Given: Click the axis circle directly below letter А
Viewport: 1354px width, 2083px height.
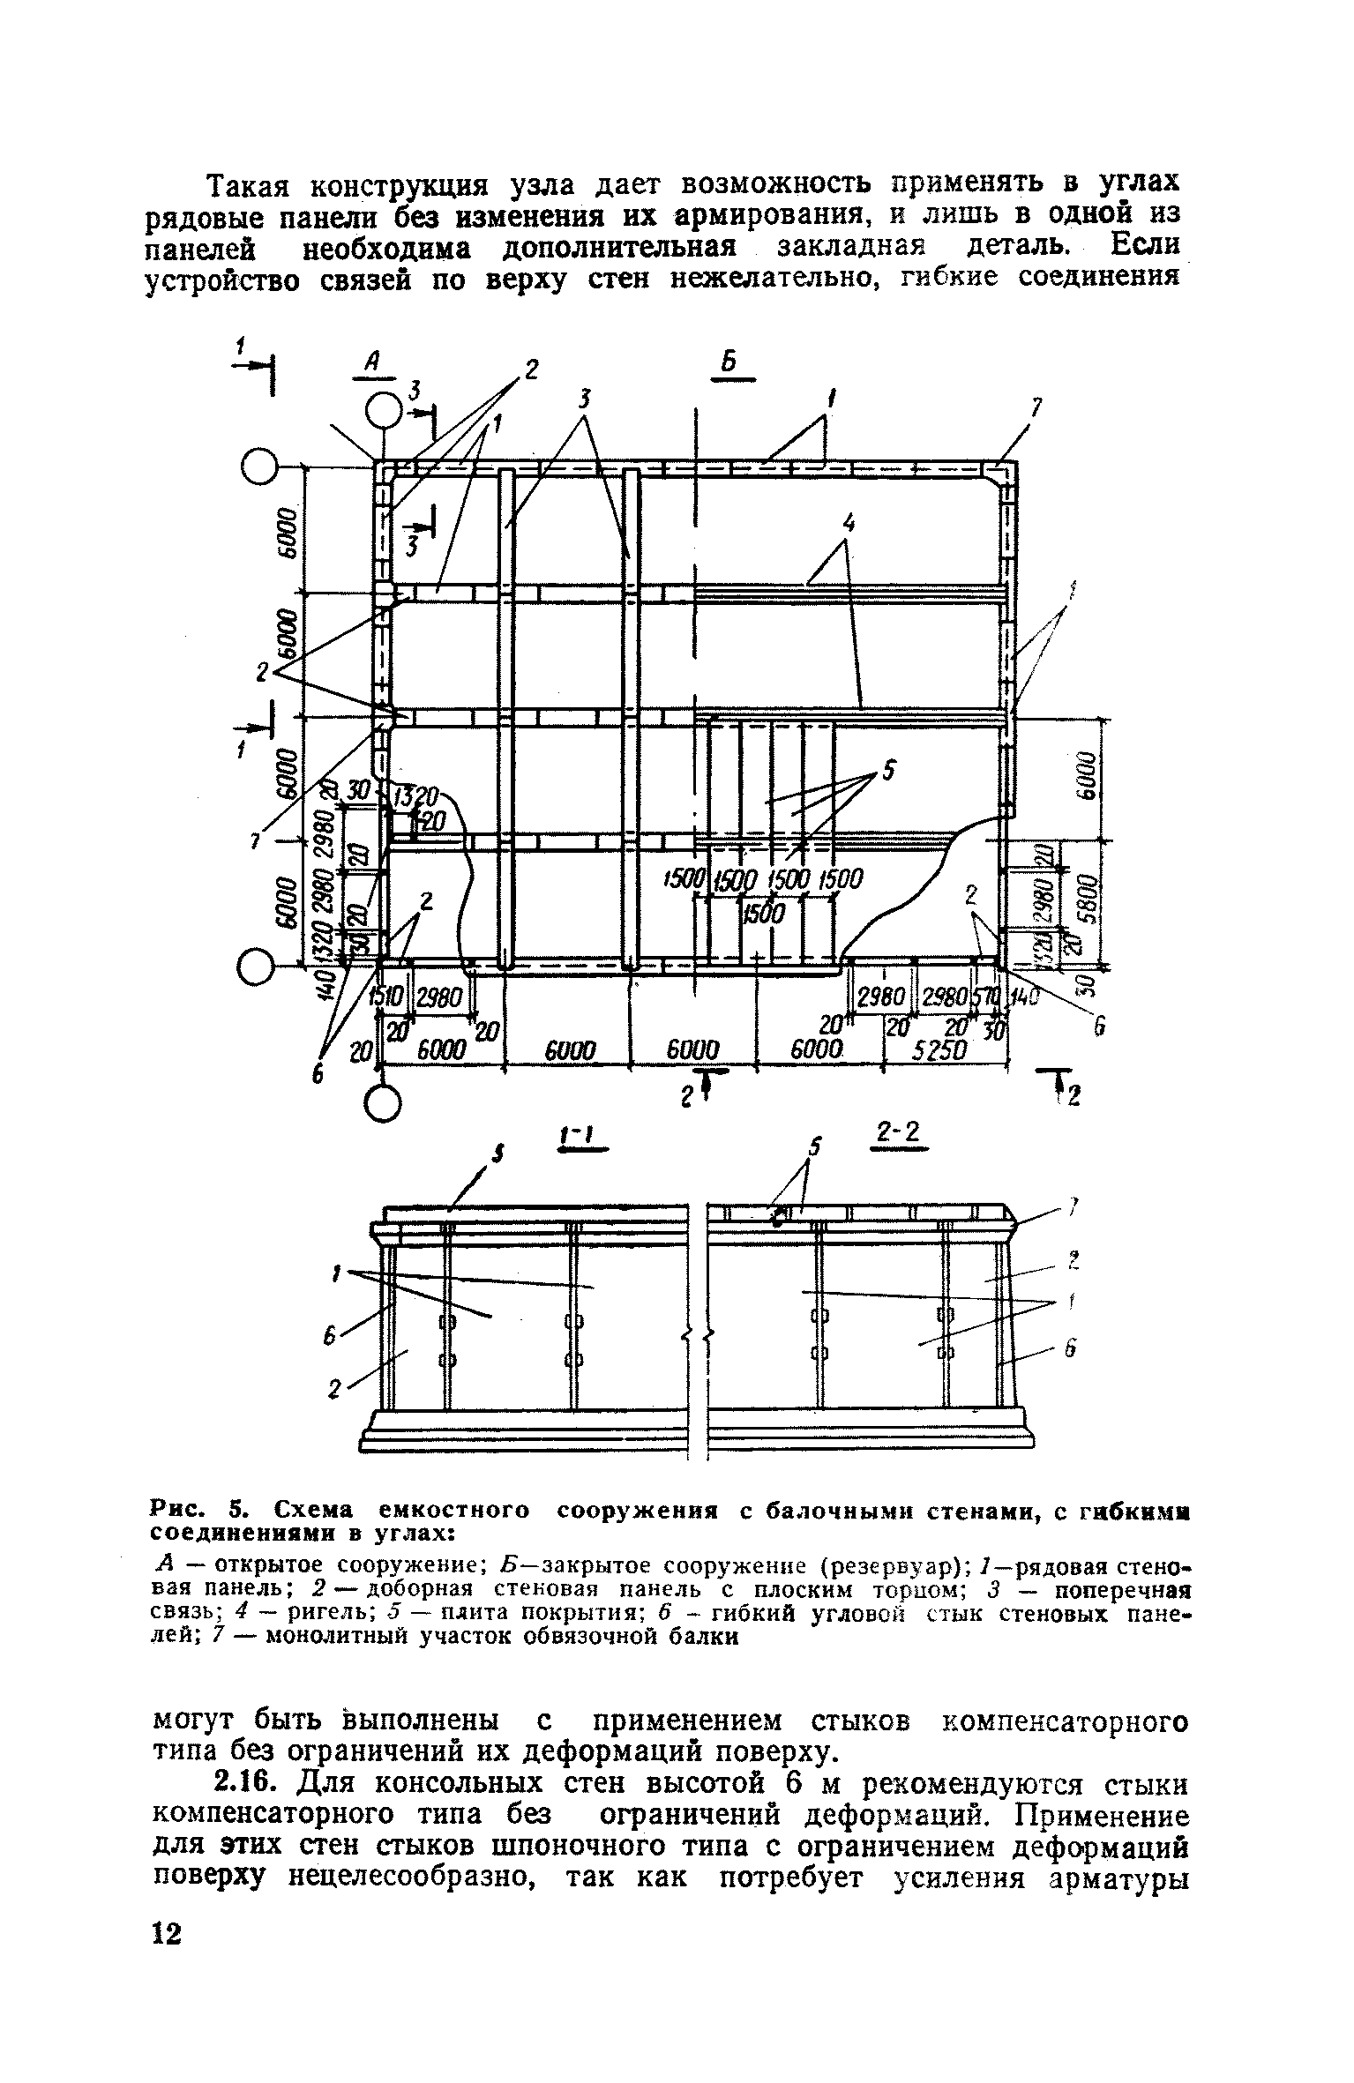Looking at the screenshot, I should pos(384,411).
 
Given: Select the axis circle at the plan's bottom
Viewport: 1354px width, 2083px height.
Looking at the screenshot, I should pos(385,1103).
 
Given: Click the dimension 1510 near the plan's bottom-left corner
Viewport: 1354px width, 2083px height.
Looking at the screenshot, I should pos(385,997).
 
